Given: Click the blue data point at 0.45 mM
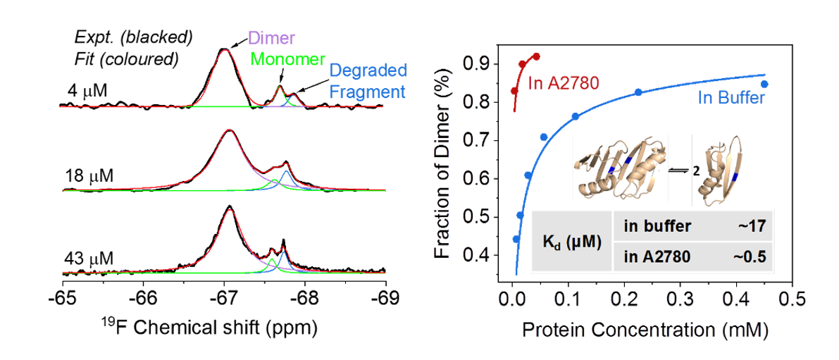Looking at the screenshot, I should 764,84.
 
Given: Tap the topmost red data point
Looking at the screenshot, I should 536,56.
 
